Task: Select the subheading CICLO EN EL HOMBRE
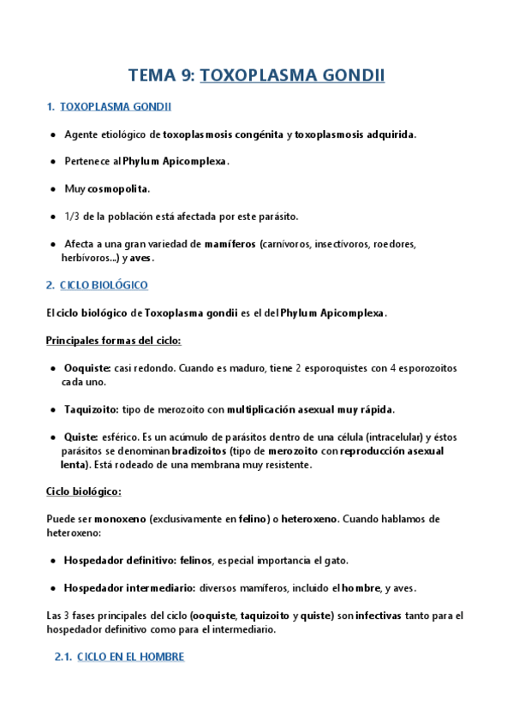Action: [x=130, y=657]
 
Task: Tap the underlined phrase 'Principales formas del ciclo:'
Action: [x=113, y=341]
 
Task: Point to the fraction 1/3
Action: [x=72, y=215]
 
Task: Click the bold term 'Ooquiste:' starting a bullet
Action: [x=87, y=368]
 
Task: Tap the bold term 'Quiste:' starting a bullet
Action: [x=82, y=437]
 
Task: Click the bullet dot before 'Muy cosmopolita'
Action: [x=53, y=188]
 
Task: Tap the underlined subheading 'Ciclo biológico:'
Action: [x=83, y=491]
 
